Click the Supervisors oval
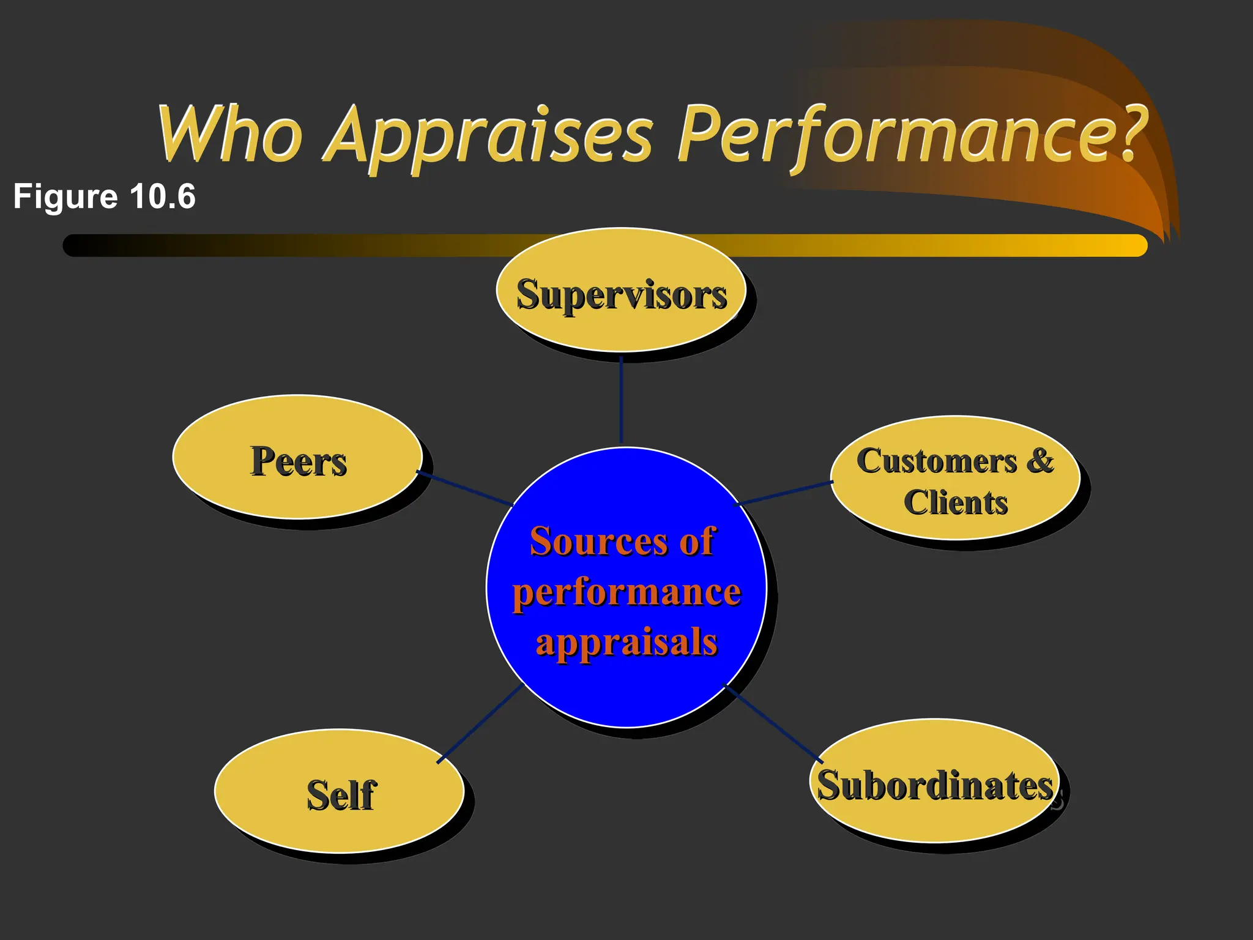coord(620,290)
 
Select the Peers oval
coord(297,457)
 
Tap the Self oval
coord(339,791)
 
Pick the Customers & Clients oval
coord(954,479)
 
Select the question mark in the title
coord(1126,132)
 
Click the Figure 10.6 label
coord(104,196)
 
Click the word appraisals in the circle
coord(626,643)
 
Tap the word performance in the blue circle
coord(626,592)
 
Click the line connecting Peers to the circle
coord(465,488)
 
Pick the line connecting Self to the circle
coord(480,723)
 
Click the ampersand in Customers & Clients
coord(1040,460)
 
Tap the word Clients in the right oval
coord(956,503)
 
